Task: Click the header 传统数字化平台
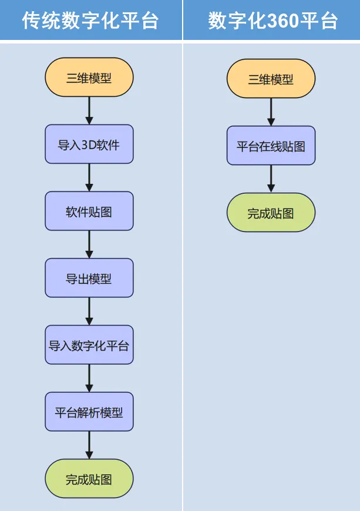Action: pyautogui.click(x=90, y=21)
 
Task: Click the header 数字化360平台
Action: pyautogui.click(x=272, y=21)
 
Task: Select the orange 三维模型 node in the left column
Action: pyautogui.click(x=89, y=78)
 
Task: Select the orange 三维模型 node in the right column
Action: pyautogui.click(x=271, y=79)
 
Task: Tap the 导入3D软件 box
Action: pyautogui.click(x=89, y=144)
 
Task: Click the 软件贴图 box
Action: pyautogui.click(x=89, y=211)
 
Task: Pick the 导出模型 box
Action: pyautogui.click(x=89, y=278)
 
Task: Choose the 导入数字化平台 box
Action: pyautogui.click(x=89, y=345)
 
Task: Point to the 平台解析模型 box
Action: pyautogui.click(x=89, y=412)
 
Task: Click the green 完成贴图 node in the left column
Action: pyautogui.click(x=89, y=479)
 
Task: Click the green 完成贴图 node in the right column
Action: pyautogui.click(x=271, y=213)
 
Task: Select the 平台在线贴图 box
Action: pyautogui.click(x=271, y=146)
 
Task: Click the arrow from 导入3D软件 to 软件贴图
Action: pyautogui.click(x=89, y=177)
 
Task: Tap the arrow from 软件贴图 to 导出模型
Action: pyautogui.click(x=89, y=244)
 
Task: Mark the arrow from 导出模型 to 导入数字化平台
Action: pyautogui.click(x=89, y=311)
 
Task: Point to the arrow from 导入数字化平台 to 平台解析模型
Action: pyautogui.click(x=89, y=378)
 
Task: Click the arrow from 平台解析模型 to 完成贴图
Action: pyautogui.click(x=89, y=445)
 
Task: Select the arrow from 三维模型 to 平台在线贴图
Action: pyautogui.click(x=271, y=112)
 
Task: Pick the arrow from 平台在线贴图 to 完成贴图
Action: pyautogui.click(x=271, y=179)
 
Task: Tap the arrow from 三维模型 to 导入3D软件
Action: pyautogui.click(x=89, y=110)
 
